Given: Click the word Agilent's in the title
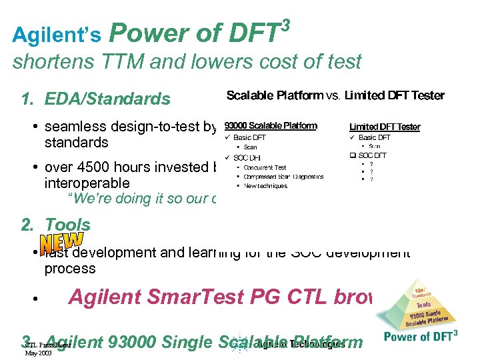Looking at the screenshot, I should pos(57,34).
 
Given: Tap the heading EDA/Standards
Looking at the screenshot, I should pos(107,99).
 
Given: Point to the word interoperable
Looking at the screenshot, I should pos(87,183).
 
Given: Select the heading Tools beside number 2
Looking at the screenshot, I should pos(67,225).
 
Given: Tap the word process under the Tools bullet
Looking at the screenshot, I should pos(70,269).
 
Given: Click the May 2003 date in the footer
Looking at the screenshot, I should pos(39,353).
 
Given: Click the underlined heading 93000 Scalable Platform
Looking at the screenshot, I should pos(270,125).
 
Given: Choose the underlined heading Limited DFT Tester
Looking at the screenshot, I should pos(385,127).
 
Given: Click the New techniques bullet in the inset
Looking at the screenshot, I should pos(265,185).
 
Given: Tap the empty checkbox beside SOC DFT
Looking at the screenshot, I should pos(353,155).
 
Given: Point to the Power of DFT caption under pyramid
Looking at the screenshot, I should pos(420,337).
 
